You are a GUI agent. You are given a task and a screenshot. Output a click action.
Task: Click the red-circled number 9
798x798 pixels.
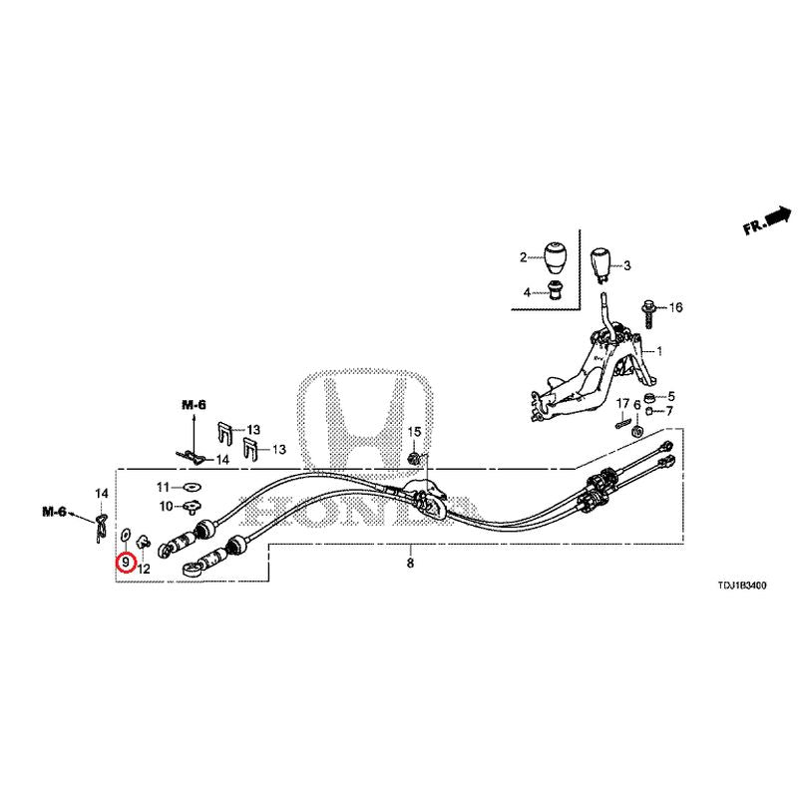(126, 563)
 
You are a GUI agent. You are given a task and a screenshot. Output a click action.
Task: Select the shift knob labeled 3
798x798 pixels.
(600, 264)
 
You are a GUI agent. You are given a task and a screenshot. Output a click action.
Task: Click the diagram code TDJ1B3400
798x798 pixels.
(742, 586)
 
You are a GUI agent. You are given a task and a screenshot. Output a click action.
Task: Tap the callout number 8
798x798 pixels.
(410, 563)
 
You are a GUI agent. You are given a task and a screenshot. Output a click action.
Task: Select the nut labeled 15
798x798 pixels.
(415, 458)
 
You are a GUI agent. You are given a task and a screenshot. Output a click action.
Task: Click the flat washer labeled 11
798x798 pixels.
(192, 488)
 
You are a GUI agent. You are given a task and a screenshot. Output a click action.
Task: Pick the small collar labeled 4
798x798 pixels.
(555, 290)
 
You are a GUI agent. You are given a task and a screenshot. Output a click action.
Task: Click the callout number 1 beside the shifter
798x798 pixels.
(659, 351)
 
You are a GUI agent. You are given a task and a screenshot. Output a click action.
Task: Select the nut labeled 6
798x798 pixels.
(636, 432)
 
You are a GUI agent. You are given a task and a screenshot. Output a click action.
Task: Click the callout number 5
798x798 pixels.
(670, 396)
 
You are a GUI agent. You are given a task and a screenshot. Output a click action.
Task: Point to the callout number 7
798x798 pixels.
(668, 411)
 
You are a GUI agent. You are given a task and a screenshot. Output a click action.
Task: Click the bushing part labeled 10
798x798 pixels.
(192, 507)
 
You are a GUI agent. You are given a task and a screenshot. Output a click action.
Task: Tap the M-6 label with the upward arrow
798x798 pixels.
(195, 405)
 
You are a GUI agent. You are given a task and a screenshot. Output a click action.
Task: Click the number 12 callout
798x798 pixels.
(144, 569)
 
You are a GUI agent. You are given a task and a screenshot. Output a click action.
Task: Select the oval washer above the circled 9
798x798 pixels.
(126, 535)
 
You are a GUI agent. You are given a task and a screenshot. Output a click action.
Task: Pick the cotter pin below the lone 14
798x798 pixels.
(102, 529)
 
